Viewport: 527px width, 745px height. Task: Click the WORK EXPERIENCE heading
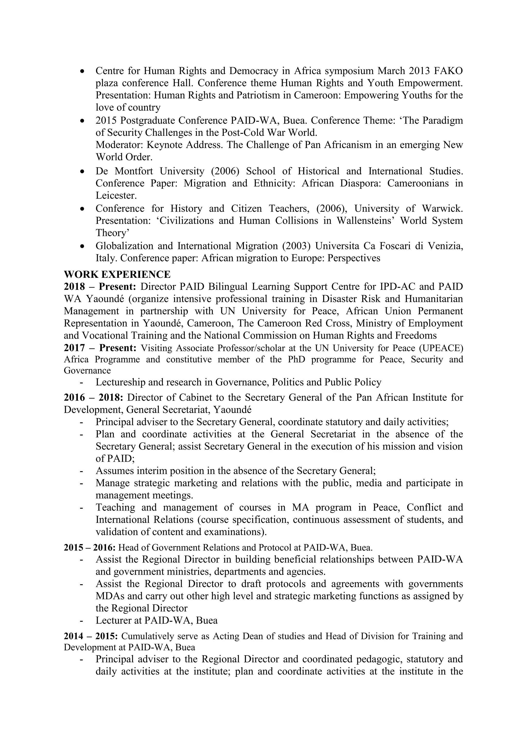click(x=117, y=274)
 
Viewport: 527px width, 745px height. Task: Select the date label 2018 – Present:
click(x=101, y=287)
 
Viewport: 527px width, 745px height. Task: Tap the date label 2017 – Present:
click(x=100, y=348)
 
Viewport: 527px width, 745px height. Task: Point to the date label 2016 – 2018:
click(x=93, y=397)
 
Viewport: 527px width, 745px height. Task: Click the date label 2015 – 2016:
click(x=90, y=548)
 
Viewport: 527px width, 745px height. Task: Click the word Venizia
click(x=445, y=246)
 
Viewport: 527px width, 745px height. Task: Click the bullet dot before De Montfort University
click(x=83, y=171)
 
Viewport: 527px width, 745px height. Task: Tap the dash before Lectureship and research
click(x=82, y=383)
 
